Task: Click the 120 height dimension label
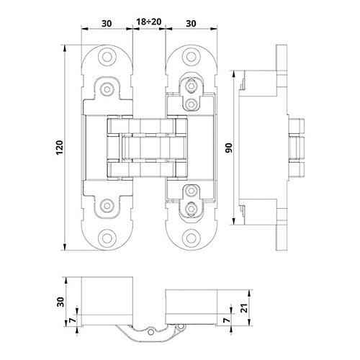point(60,148)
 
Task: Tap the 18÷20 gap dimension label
point(149,22)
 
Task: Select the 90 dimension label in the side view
point(229,148)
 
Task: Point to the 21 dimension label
point(245,307)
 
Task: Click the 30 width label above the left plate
point(107,24)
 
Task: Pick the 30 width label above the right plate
point(191,24)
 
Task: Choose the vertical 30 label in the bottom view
point(60,302)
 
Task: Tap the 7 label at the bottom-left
point(73,320)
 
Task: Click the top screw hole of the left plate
point(107,57)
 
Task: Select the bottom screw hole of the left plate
point(107,238)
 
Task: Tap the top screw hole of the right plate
point(191,57)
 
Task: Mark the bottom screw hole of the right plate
point(191,238)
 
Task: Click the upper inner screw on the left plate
point(107,89)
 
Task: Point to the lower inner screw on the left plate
point(107,206)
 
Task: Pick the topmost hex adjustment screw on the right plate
point(191,86)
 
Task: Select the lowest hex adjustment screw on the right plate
point(191,209)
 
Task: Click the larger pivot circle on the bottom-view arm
point(151,332)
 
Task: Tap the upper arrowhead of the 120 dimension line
point(64,48)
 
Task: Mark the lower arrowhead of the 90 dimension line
point(234,222)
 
